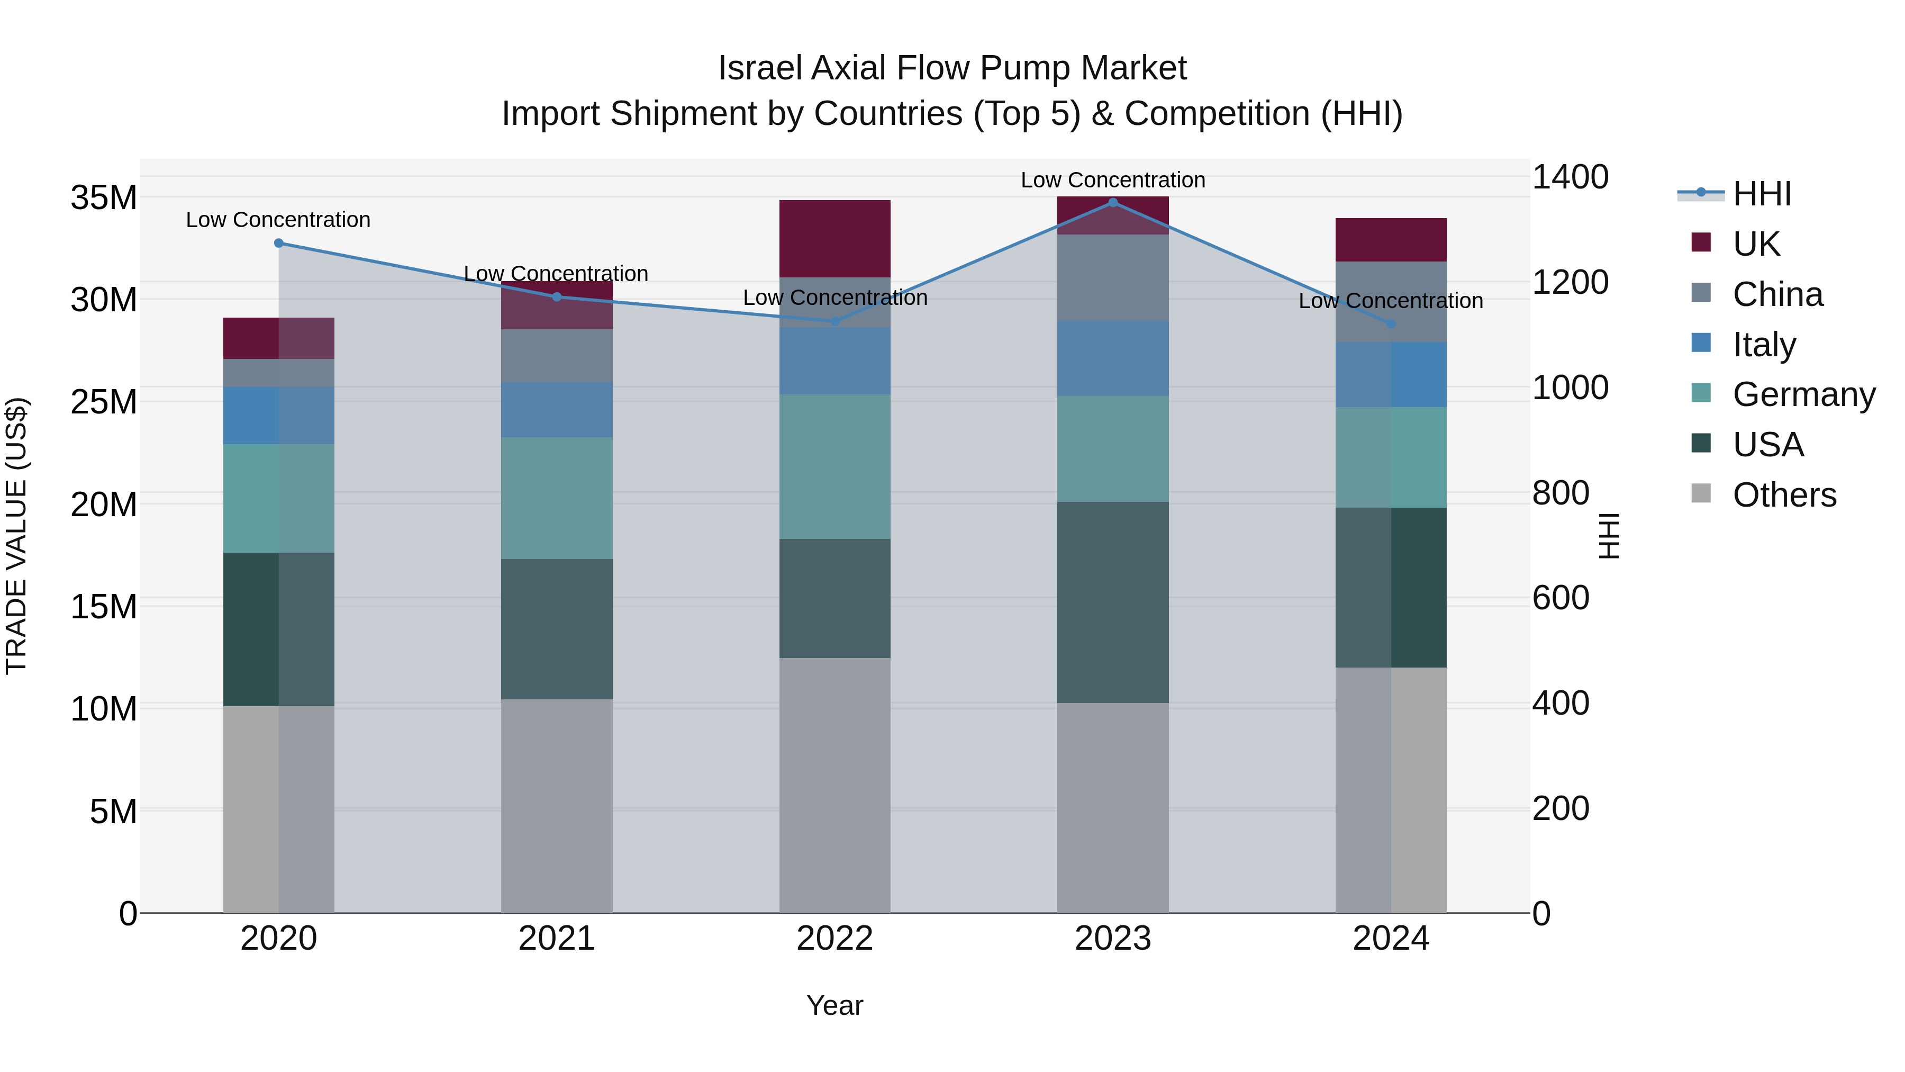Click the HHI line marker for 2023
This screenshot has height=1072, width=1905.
click(x=1112, y=203)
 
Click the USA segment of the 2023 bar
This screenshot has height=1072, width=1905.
click(x=1112, y=602)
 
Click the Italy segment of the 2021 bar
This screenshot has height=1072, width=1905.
click(x=556, y=409)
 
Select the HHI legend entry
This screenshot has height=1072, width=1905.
click(x=1762, y=194)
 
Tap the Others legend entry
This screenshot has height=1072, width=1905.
click(x=1784, y=495)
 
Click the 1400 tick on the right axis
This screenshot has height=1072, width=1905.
click(x=1570, y=177)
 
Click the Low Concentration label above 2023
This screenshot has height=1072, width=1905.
click(x=1112, y=180)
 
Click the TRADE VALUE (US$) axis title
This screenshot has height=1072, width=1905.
click(x=16, y=536)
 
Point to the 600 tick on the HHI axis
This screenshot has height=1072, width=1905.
click(x=1561, y=598)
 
